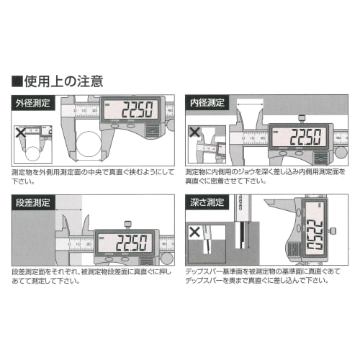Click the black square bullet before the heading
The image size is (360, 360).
(x=17, y=80)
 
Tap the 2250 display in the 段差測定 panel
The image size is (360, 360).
(x=126, y=241)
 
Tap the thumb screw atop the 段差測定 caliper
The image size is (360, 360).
(x=127, y=222)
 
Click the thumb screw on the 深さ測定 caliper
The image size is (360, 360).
(x=334, y=230)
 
